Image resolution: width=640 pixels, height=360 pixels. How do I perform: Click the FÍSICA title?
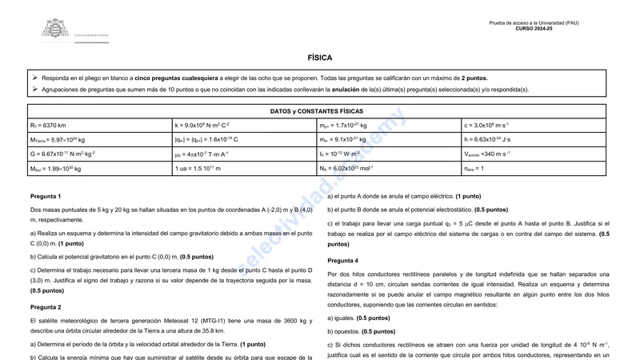tap(319, 58)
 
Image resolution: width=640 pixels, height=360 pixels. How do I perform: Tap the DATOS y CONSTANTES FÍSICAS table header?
tap(317, 111)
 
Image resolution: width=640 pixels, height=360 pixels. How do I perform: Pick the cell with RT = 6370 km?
tap(48, 126)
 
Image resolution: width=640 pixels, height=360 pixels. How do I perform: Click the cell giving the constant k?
tap(202, 126)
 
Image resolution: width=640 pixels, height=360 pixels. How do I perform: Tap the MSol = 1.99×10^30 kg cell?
tap(56, 169)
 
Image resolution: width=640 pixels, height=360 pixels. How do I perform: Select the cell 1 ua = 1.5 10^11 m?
tap(198, 169)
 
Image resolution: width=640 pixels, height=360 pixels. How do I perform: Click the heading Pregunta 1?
tap(46, 196)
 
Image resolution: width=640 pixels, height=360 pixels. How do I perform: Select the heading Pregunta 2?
tap(46, 307)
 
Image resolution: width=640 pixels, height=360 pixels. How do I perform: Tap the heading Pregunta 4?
tap(343, 261)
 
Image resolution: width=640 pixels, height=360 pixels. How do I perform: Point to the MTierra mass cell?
tap(58, 140)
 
